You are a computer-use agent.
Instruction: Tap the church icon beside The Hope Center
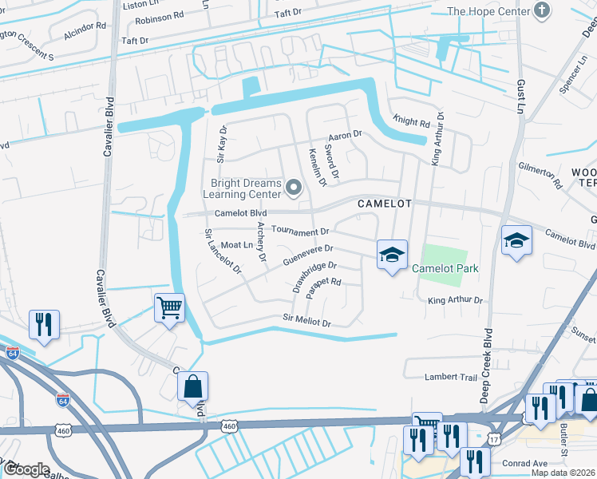pos(543,10)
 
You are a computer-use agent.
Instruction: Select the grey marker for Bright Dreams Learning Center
pos(294,188)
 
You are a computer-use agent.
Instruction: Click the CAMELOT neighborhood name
pos(384,204)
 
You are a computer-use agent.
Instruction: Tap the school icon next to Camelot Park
pos(392,255)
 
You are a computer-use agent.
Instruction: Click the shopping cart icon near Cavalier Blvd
pos(169,307)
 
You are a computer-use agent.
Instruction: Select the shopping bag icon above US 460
pos(192,387)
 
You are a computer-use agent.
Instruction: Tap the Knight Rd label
pos(411,122)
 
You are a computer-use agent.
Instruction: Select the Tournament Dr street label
pos(300,231)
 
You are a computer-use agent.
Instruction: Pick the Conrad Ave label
pos(524,462)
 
